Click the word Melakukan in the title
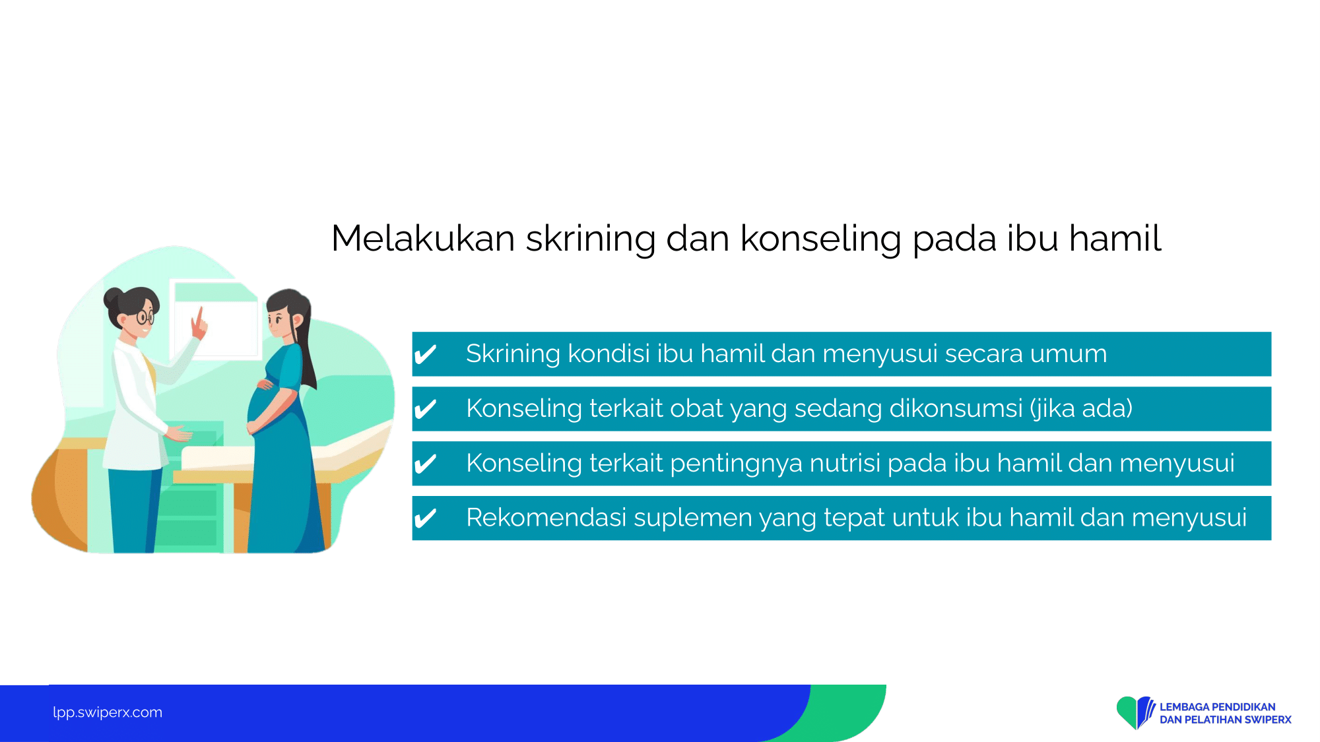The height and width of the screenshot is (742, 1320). (423, 238)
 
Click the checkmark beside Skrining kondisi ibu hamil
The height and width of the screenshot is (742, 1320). (425, 355)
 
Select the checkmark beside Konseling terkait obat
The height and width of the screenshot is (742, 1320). (425, 410)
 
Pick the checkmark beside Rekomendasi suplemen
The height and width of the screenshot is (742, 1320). (425, 519)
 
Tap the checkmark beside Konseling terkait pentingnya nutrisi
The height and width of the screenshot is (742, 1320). (425, 464)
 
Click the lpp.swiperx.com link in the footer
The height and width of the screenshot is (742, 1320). (108, 712)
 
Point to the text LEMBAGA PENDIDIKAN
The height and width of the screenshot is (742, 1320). (1218, 707)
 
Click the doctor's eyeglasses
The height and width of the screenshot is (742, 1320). (145, 317)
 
